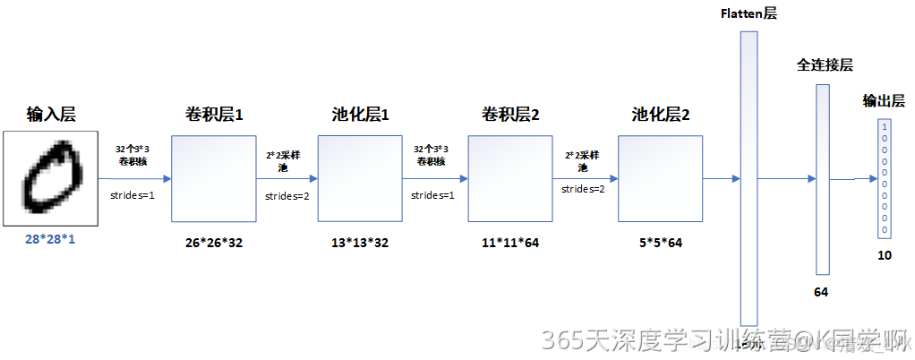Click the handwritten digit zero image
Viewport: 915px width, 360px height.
tap(50, 178)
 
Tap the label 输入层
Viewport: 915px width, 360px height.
tap(51, 115)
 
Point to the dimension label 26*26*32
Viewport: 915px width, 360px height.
tap(214, 242)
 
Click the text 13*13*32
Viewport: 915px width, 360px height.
tap(360, 242)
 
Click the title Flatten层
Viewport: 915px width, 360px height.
tap(750, 13)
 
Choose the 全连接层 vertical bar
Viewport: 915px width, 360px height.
tap(823, 178)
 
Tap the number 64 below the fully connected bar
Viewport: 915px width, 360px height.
tap(821, 292)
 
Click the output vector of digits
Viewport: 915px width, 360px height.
tap(885, 178)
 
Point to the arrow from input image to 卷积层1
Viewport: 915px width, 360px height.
tap(134, 178)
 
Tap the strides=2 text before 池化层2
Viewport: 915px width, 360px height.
tap(583, 189)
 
